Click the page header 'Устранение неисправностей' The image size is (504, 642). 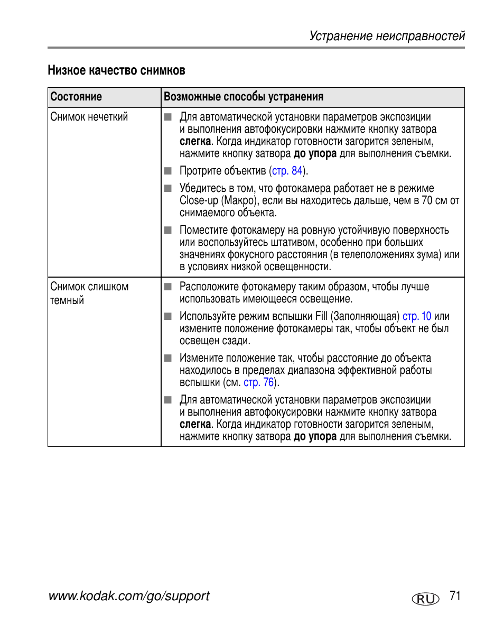point(387,36)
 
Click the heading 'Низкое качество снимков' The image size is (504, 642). point(116,70)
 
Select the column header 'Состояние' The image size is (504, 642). point(76,97)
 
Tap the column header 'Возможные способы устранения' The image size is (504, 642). point(243,97)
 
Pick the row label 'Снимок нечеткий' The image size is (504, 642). point(89,117)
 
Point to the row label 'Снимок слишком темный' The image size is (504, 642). point(89,294)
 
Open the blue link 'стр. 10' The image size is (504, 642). point(417,316)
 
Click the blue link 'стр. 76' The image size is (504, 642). point(259,382)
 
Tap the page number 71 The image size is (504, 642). point(455,596)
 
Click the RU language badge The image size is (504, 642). point(425,599)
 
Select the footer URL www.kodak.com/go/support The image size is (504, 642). point(129,596)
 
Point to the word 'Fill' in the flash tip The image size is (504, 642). point(322,316)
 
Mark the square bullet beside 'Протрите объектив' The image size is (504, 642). point(168,171)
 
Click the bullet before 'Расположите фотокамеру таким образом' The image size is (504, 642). point(168,287)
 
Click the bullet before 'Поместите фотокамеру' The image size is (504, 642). point(168,230)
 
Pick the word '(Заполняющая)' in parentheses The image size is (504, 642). point(365,316)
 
